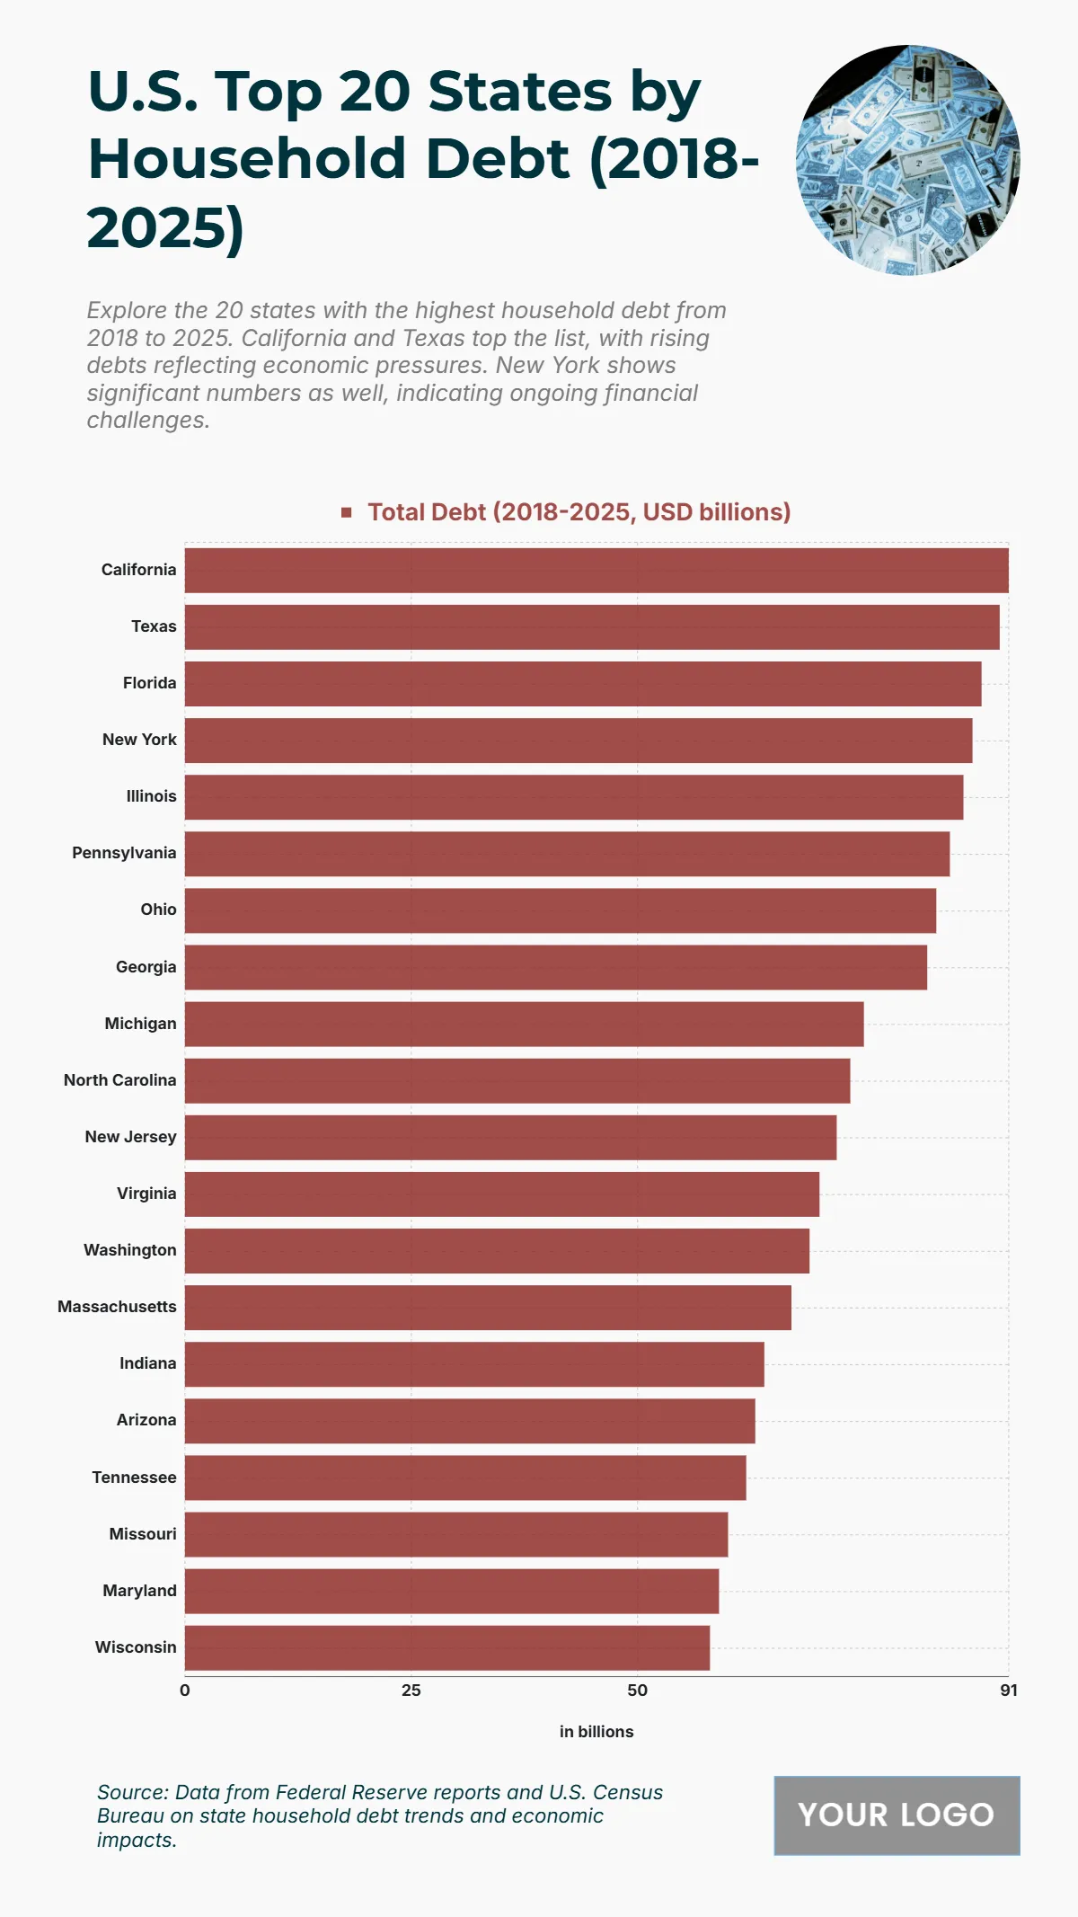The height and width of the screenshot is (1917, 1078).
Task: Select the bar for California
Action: (x=596, y=570)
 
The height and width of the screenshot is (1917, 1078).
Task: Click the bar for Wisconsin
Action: (x=447, y=1647)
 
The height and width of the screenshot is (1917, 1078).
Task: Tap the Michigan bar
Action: (x=524, y=1024)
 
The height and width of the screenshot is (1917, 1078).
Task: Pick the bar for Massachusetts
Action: (x=488, y=1307)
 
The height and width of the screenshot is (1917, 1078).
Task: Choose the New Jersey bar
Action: (x=510, y=1137)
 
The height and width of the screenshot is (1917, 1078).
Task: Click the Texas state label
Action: (x=154, y=626)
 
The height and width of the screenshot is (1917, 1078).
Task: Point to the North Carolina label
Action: (x=119, y=1080)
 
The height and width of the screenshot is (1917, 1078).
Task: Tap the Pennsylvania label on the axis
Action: (x=124, y=853)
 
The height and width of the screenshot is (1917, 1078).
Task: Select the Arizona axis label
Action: (x=146, y=1420)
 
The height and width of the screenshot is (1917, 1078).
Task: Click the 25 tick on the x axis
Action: (x=411, y=1691)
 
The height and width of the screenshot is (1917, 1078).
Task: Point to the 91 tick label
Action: (x=1009, y=1691)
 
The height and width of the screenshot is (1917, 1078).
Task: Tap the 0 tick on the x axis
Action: (x=185, y=1691)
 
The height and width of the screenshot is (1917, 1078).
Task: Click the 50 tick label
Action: (x=637, y=1691)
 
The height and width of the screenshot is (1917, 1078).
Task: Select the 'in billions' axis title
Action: (x=596, y=1732)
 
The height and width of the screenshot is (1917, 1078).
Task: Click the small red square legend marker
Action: (x=347, y=512)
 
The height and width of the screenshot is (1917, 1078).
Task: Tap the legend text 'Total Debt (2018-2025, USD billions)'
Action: (x=579, y=512)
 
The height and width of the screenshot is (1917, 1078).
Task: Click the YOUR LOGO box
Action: (x=897, y=1815)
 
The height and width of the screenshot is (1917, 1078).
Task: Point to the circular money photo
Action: (x=908, y=160)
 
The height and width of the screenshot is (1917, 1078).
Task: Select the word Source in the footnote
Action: (x=132, y=1792)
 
